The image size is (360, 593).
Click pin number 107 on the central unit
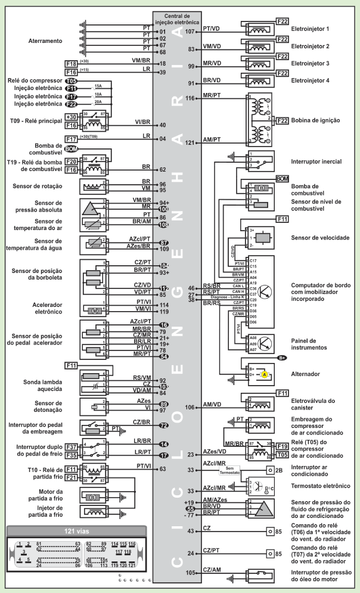(x=191, y=31)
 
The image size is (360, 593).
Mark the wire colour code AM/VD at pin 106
(x=212, y=404)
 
